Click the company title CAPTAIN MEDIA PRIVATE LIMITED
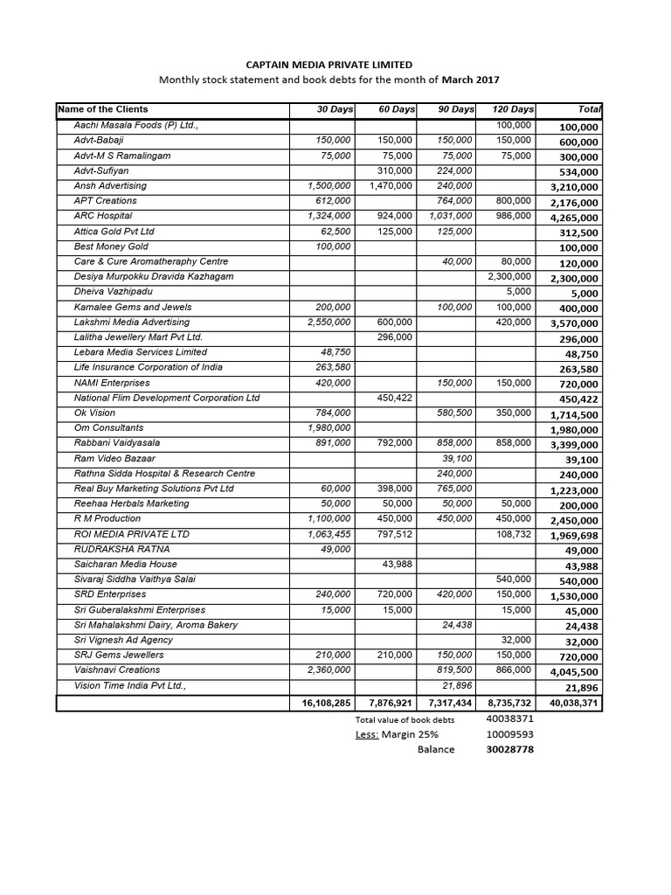point(328,65)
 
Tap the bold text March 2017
point(471,80)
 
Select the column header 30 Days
point(335,110)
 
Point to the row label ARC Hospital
point(103,216)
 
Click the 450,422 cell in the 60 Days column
point(394,399)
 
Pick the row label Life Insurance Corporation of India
point(148,368)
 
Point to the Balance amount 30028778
point(509,750)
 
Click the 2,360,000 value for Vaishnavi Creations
point(329,670)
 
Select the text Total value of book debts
point(405,719)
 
